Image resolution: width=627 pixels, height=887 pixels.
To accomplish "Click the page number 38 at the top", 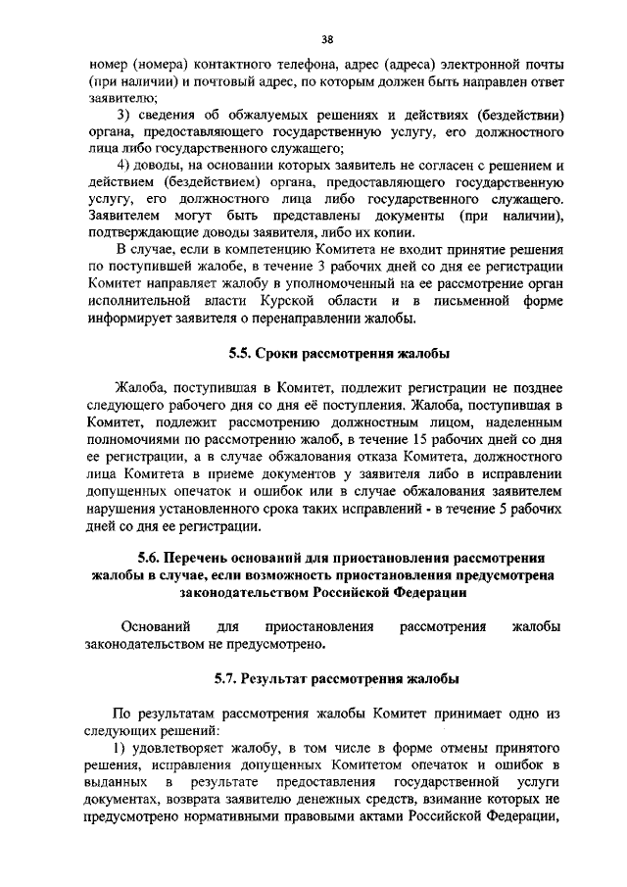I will [x=327, y=39].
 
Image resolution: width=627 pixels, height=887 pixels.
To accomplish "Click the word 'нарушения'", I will [x=122, y=511].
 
